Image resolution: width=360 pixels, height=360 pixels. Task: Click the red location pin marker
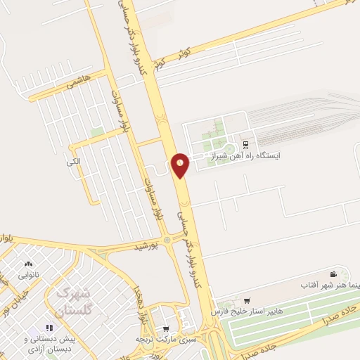click(x=181, y=165)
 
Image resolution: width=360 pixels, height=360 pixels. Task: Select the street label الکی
click(x=74, y=162)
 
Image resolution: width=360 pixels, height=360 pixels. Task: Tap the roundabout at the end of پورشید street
click(x=167, y=240)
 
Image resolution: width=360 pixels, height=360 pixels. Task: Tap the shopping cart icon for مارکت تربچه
click(x=166, y=328)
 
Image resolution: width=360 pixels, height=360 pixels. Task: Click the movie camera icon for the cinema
click(x=333, y=274)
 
